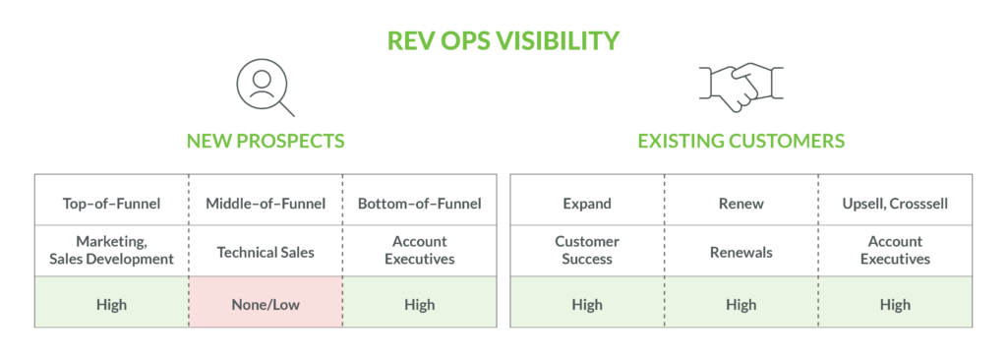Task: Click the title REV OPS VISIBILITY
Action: tap(503, 40)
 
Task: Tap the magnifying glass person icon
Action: tap(266, 87)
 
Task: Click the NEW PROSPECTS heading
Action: tap(266, 141)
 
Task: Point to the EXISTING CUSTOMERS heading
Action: tap(740, 141)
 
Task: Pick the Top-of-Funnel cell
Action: tap(111, 204)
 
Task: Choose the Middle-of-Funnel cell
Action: tap(266, 204)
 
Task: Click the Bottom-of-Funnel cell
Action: tap(420, 204)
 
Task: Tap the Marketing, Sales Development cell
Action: tap(111, 250)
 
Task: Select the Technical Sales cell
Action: tap(266, 252)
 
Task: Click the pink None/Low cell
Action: tap(266, 304)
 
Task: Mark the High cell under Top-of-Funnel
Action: tap(111, 304)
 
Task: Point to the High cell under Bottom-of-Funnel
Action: tap(420, 304)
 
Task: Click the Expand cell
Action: tap(587, 204)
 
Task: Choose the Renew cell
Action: tap(740, 204)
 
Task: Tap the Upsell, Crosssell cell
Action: tap(895, 204)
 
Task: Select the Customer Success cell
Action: tap(587, 250)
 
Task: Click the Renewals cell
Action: tap(740, 252)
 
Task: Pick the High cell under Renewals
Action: tap(740, 304)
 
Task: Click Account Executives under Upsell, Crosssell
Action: tap(895, 250)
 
